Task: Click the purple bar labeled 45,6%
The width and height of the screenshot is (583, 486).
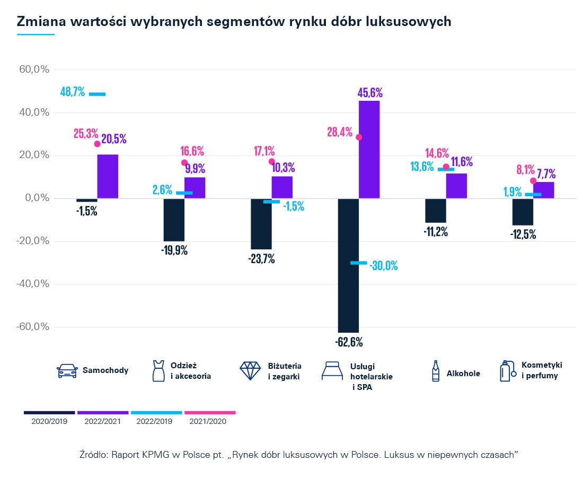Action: pyautogui.click(x=369, y=149)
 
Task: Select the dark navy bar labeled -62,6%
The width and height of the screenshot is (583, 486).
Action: pyautogui.click(x=349, y=265)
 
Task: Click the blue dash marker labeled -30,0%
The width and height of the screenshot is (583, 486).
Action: pyautogui.click(x=358, y=263)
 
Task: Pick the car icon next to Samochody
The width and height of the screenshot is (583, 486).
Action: pyautogui.click(x=67, y=371)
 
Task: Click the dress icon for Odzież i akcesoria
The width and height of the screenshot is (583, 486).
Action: pyautogui.click(x=157, y=371)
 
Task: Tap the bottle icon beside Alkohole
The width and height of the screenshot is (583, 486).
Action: pyautogui.click(x=436, y=371)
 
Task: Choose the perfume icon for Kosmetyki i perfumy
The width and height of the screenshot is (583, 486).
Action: pyautogui.click(x=507, y=370)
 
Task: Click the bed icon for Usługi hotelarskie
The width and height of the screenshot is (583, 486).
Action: pyautogui.click(x=333, y=371)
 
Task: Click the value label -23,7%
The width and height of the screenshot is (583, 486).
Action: pyautogui.click(x=261, y=259)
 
